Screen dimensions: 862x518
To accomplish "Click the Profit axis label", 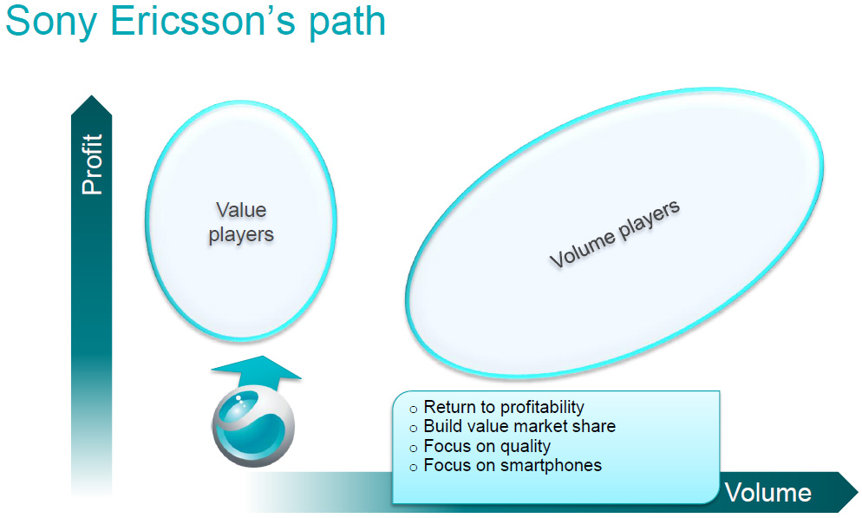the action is [92, 164].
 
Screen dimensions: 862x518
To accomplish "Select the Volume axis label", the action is [768, 492].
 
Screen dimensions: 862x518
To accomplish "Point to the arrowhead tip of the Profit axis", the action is [92, 95].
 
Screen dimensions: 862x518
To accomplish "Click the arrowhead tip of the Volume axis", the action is [857, 490].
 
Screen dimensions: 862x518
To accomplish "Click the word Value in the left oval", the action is [241, 209].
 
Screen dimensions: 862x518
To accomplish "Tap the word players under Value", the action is [241, 235].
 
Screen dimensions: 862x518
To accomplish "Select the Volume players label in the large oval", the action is [615, 233].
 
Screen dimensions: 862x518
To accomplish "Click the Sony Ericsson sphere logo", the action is [253, 426].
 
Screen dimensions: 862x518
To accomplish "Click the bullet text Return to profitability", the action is [504, 407].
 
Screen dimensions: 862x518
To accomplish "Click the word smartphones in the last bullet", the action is [551, 466].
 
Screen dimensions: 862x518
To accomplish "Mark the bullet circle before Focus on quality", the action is [414, 449].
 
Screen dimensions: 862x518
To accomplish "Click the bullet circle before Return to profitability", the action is [414, 410].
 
